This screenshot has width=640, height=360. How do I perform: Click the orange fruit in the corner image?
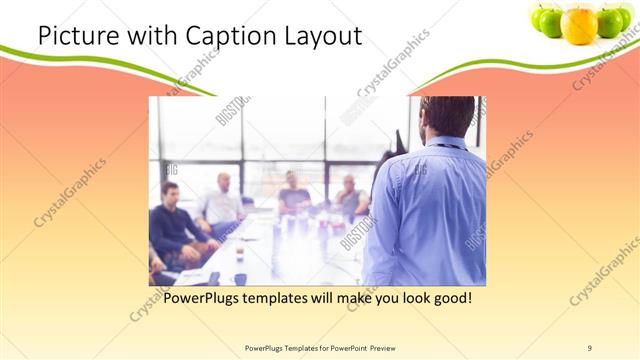579,24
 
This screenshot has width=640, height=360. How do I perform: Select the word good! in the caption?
450,298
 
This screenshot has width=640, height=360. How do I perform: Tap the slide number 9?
589,347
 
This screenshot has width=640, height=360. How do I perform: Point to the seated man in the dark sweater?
173,222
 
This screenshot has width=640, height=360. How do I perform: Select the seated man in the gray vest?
350,197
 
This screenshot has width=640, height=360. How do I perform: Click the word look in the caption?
406,298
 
